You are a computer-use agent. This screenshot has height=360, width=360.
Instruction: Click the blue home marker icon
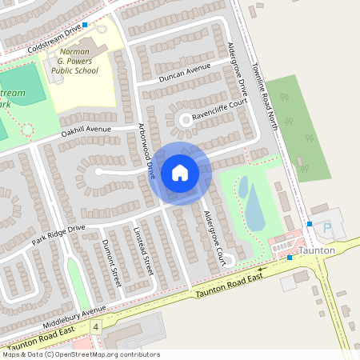pyautogui.click(x=180, y=172)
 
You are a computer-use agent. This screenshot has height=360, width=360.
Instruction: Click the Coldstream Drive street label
pyautogui.click(x=54, y=38)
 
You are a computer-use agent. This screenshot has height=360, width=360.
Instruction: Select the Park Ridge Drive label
pyautogui.click(x=58, y=234)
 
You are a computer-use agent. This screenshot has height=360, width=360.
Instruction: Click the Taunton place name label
pyautogui.click(x=316, y=250)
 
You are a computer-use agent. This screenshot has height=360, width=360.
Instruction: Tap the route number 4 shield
pyautogui.click(x=96, y=328)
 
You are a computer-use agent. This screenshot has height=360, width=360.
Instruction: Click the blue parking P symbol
pyautogui.click(x=326, y=227)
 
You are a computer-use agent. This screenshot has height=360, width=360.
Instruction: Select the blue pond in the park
pyautogui.click(x=254, y=206)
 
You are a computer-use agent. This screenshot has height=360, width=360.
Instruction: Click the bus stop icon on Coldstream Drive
pyautogui.click(x=85, y=26)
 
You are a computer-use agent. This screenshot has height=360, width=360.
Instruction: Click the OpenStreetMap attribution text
pyautogui.click(x=80, y=354)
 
